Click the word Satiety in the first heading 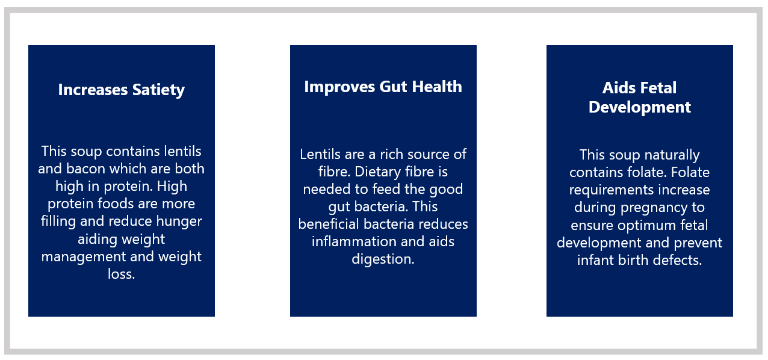[x=158, y=90]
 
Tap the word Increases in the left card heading [x=93, y=90]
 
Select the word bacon [x=85, y=169]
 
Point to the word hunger [x=179, y=222]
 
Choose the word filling [x=58, y=222]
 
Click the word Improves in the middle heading [x=339, y=87]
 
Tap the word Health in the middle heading [x=437, y=87]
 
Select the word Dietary [x=377, y=172]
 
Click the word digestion [x=383, y=259]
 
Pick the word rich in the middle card [x=391, y=154]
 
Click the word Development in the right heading [x=639, y=108]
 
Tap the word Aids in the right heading [x=617, y=88]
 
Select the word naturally [x=672, y=155]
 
